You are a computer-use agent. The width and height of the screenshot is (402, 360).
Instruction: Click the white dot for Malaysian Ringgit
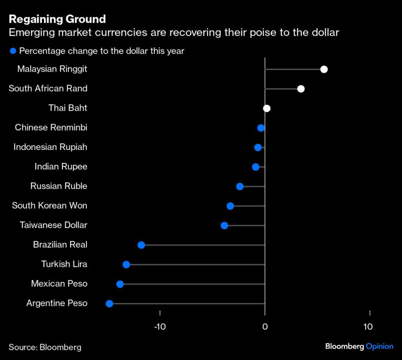[x=324, y=69]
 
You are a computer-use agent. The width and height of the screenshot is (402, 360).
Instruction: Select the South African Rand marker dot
[x=301, y=89]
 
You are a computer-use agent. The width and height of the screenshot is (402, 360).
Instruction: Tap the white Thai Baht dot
[x=267, y=108]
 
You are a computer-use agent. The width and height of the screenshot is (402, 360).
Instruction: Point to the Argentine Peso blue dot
[x=109, y=304]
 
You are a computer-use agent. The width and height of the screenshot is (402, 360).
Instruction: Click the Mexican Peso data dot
[x=120, y=284]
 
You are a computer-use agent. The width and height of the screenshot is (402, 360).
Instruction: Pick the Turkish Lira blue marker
[x=127, y=264]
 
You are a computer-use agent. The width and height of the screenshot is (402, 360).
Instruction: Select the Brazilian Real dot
[x=141, y=245]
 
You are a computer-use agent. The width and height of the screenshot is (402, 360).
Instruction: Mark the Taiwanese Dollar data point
[x=224, y=225]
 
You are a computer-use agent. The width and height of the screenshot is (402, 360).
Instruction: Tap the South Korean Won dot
[x=230, y=206]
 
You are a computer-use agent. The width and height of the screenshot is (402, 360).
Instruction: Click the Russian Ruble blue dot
[x=240, y=186]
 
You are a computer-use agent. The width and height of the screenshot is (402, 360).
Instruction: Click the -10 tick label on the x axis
[x=160, y=327]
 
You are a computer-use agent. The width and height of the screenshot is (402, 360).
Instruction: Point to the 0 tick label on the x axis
[x=265, y=327]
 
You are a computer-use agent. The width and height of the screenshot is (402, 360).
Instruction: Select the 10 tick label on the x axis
[x=368, y=327]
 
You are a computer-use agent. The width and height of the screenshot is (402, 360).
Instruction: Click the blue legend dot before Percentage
[x=12, y=51]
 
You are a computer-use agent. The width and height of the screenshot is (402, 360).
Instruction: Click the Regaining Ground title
[x=57, y=19]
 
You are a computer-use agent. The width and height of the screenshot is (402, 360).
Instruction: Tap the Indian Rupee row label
[x=61, y=167]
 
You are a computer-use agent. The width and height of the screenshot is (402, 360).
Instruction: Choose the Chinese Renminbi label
[x=51, y=128]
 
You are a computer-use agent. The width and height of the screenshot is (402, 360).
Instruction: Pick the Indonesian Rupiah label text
[x=51, y=147]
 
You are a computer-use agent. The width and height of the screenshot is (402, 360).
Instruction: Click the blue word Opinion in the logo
[x=379, y=346]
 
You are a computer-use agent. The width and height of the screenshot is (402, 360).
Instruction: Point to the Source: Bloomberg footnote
[x=45, y=347]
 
